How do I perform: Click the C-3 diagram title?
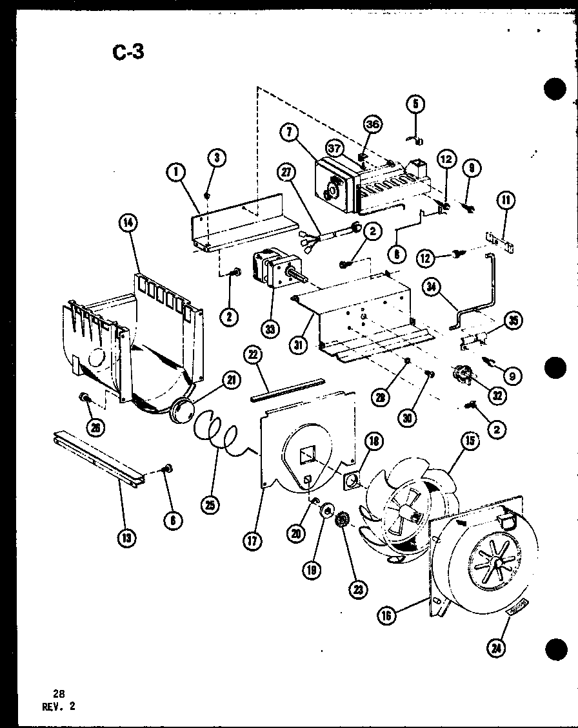(127, 52)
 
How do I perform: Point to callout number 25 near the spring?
(210, 505)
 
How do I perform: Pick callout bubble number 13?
(128, 537)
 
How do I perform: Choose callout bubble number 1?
(175, 172)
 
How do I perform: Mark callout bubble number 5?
(416, 103)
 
